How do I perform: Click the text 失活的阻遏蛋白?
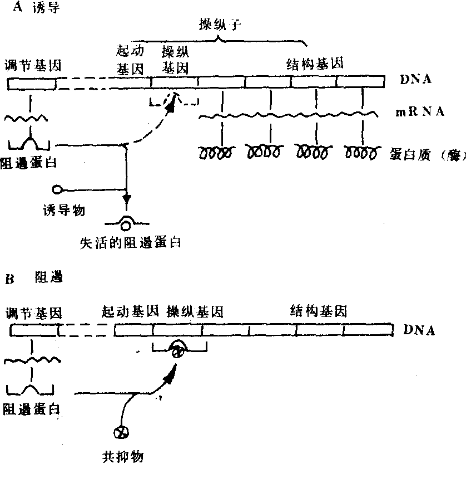[x=131, y=242]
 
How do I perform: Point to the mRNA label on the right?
[x=420, y=112]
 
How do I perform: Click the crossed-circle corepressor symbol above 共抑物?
[x=118, y=432]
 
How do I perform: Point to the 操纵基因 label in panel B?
[x=195, y=311]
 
